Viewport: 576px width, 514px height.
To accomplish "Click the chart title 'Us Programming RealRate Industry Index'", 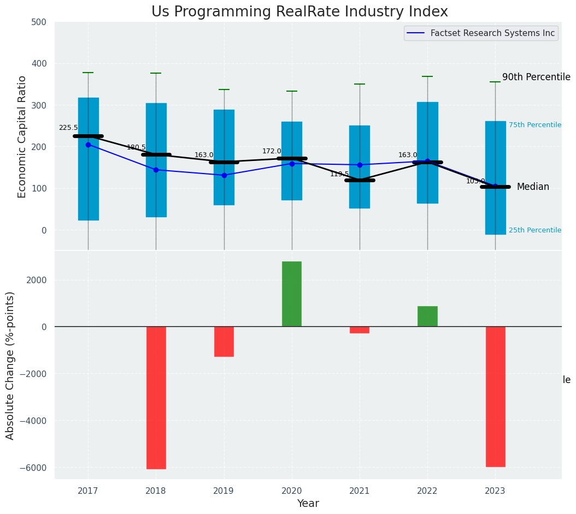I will (x=299, y=12).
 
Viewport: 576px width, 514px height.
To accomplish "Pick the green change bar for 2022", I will (x=427, y=316).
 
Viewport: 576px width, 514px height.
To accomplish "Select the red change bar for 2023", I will (x=495, y=396).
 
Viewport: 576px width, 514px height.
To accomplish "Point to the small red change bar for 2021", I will (x=360, y=330).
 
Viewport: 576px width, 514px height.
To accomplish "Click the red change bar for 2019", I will (x=224, y=341).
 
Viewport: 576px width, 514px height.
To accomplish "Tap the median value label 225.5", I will (x=68, y=128).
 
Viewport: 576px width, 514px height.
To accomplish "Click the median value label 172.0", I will (x=272, y=151).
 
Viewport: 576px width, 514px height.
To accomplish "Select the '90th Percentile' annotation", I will (x=536, y=77).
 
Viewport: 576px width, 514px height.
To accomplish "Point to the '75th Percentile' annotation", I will (x=534, y=125).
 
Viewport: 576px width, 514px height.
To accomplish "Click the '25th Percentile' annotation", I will (x=534, y=230).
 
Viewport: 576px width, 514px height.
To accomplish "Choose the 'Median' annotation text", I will (x=533, y=187).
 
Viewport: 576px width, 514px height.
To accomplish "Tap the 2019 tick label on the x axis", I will (x=224, y=491).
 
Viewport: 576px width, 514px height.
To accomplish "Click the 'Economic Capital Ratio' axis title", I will (x=22, y=136).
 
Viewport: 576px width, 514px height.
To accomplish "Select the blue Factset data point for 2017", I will (x=88, y=145).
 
